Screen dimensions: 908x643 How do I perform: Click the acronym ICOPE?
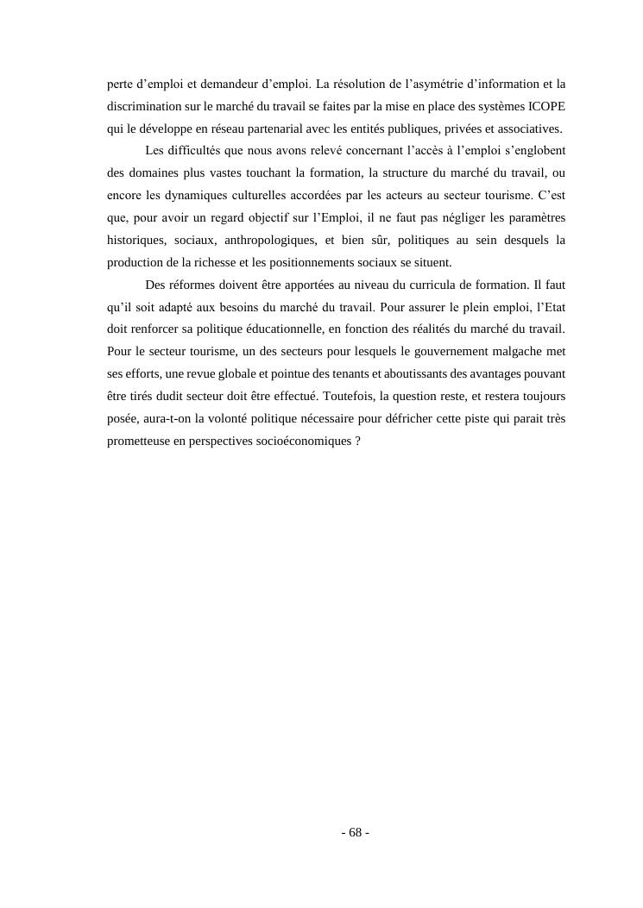[545, 107]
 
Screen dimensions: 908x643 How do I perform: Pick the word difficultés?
[194, 152]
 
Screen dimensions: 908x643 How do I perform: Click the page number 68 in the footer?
[355, 833]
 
